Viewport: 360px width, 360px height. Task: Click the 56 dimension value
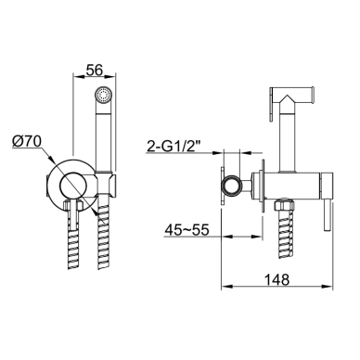(x=94, y=71)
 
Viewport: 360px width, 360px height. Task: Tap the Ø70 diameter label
(x=27, y=142)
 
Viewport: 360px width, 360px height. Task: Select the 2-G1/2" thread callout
(x=174, y=147)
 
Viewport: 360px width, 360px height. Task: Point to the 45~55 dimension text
(x=186, y=230)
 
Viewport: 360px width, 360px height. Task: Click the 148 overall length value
(x=277, y=279)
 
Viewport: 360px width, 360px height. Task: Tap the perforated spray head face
(x=103, y=94)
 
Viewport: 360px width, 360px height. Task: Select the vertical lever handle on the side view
(x=327, y=215)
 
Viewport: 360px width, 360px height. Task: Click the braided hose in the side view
(x=285, y=235)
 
